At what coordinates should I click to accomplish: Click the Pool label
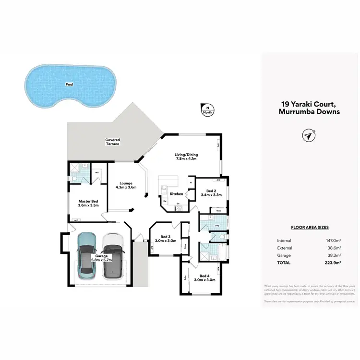pyautogui.click(x=70, y=84)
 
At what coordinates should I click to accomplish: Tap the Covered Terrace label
pyautogui.click(x=112, y=142)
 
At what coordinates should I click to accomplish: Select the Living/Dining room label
pyautogui.click(x=185, y=156)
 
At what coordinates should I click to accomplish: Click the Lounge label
pyautogui.click(x=126, y=185)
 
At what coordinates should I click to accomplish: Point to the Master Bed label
pyautogui.click(x=88, y=203)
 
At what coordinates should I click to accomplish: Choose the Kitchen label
pyautogui.click(x=176, y=193)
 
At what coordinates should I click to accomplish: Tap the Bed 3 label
pyautogui.click(x=165, y=239)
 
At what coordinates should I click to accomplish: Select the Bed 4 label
pyautogui.click(x=204, y=277)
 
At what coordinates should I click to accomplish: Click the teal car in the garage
pyautogui.click(x=87, y=256)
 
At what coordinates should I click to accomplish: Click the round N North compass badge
pyautogui.click(x=207, y=110)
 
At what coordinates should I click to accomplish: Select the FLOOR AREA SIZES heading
pyautogui.click(x=310, y=228)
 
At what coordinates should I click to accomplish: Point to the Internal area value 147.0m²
pyautogui.click(x=333, y=240)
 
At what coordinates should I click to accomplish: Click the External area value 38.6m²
pyautogui.click(x=334, y=248)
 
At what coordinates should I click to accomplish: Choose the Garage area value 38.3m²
pyautogui.click(x=334, y=255)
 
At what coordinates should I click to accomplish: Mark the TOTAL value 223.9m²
pyautogui.click(x=333, y=263)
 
